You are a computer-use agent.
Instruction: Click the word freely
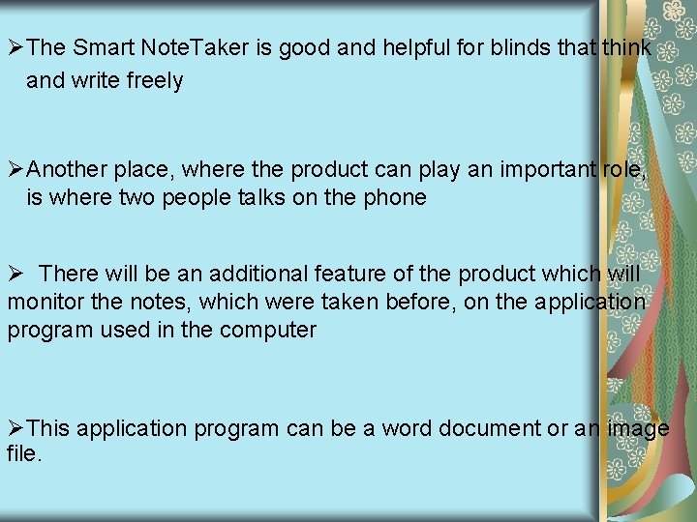154,80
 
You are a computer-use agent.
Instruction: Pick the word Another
67,169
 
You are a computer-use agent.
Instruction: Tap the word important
549,169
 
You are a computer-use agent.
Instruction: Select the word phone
395,198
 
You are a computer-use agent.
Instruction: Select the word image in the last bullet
635,428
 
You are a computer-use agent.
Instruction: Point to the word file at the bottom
22,451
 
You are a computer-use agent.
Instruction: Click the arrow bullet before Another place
15,170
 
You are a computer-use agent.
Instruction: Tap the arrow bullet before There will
15,275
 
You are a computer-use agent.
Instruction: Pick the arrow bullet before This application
15,428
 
